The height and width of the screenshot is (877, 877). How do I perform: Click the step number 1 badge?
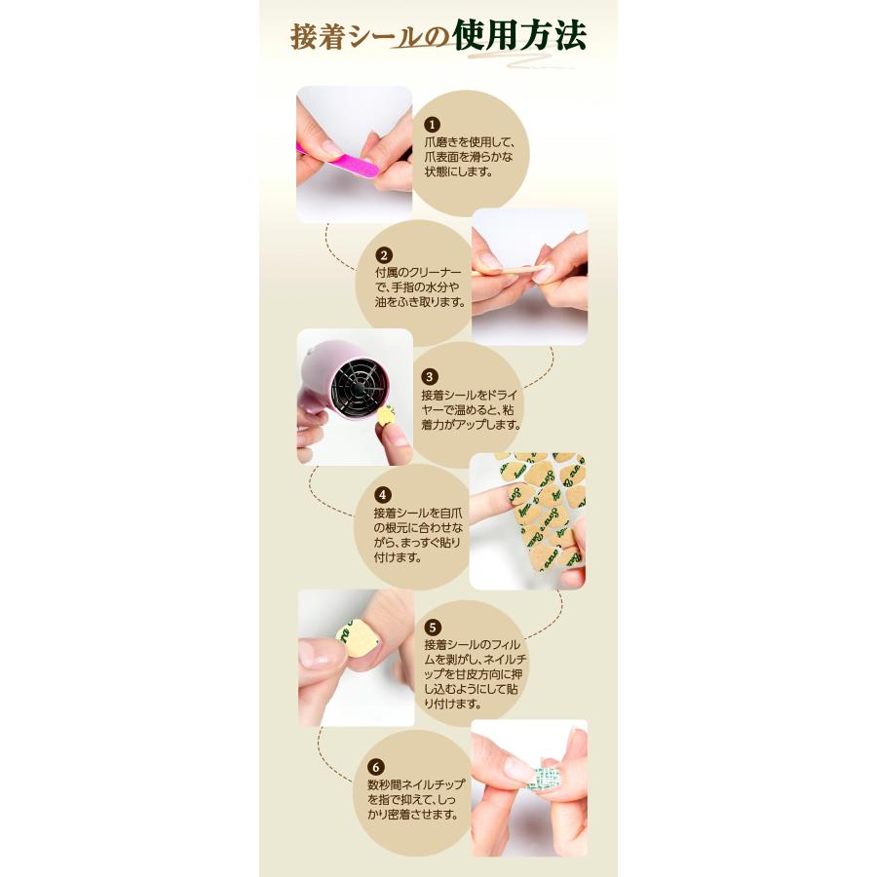click(x=433, y=125)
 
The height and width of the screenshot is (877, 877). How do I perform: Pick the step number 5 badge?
click(x=434, y=627)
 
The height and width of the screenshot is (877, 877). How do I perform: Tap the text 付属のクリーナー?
click(x=416, y=271)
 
